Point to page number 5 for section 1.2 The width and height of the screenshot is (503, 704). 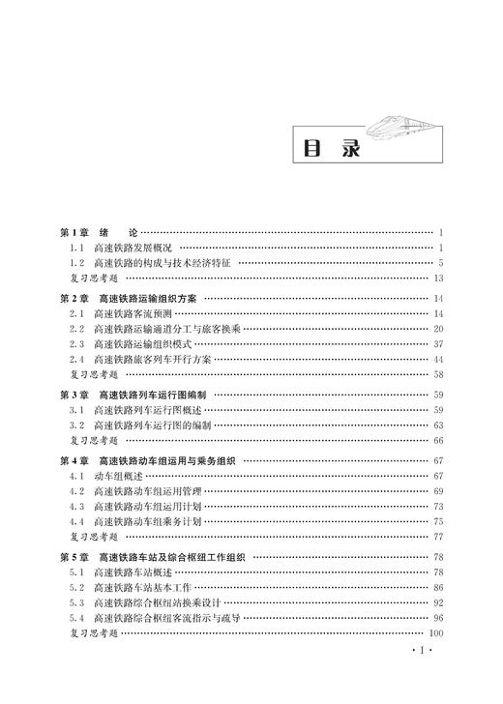pos(440,262)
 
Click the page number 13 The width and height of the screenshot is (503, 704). pos(437,278)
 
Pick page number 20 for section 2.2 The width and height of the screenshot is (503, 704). pos(437,329)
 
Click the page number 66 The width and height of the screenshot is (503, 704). pos(437,440)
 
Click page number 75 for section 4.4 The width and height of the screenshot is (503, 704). pos(437,520)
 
